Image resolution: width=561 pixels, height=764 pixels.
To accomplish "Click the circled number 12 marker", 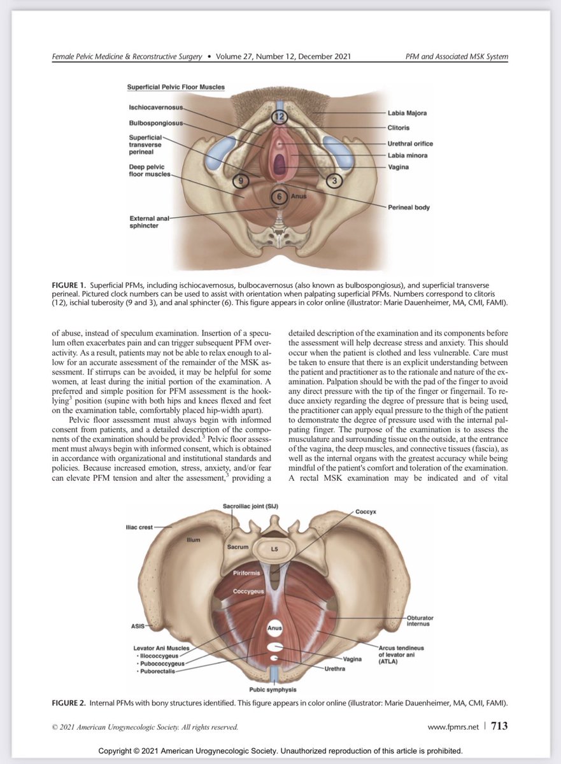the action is (278, 117).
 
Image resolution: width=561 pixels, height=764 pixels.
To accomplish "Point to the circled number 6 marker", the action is (278, 197).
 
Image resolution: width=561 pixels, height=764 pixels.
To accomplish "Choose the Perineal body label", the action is (409, 208).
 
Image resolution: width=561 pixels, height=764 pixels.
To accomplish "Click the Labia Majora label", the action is (408, 113).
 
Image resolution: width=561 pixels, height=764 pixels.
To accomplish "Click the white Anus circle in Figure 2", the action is (275, 628).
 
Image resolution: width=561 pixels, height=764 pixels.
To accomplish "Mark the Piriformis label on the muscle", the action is (245, 572).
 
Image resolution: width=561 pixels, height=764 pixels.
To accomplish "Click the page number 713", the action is (499, 725).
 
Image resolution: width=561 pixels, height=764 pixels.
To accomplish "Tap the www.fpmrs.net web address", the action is (453, 726).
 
